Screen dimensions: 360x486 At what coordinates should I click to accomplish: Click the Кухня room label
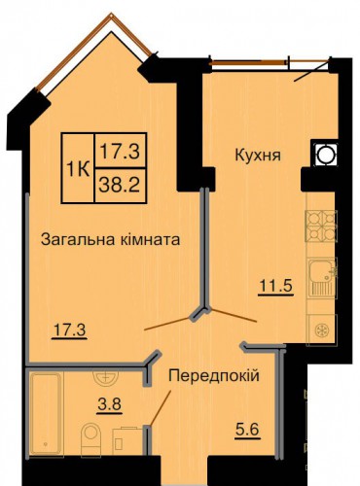click(258, 156)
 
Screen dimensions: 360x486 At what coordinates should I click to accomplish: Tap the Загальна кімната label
click(110, 240)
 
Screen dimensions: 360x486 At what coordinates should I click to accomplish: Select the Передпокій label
click(214, 376)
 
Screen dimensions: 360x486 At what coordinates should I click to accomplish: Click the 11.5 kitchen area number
click(276, 286)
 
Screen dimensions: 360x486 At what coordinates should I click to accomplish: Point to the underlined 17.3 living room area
click(69, 330)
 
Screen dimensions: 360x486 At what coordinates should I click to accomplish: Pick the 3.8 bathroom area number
click(109, 404)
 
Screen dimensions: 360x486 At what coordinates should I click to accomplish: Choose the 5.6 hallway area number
click(247, 430)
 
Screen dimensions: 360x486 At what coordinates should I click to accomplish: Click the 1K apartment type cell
click(78, 168)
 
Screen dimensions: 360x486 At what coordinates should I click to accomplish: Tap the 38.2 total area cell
click(120, 186)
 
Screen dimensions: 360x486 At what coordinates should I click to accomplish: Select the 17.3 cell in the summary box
click(120, 151)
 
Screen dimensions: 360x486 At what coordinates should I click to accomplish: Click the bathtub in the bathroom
click(46, 414)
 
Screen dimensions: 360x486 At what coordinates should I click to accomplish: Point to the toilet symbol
click(91, 438)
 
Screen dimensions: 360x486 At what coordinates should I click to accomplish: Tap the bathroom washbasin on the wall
click(106, 377)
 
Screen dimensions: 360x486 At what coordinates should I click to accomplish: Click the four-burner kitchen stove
click(322, 226)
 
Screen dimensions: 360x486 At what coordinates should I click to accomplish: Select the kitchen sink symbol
click(322, 278)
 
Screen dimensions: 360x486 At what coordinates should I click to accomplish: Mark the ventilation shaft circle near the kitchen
click(324, 155)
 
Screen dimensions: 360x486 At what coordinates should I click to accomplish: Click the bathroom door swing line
click(160, 407)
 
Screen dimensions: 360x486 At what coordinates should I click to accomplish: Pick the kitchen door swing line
click(234, 315)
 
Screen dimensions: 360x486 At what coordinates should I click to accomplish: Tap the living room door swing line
click(168, 324)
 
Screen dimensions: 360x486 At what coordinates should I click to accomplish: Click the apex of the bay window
click(111, 14)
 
